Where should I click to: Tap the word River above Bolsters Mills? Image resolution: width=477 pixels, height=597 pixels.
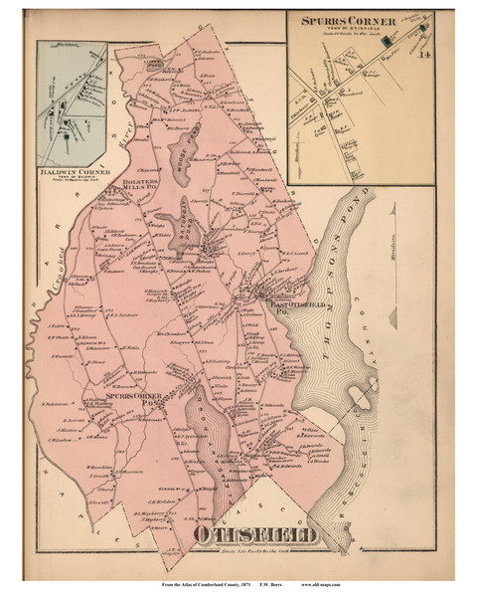127,145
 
